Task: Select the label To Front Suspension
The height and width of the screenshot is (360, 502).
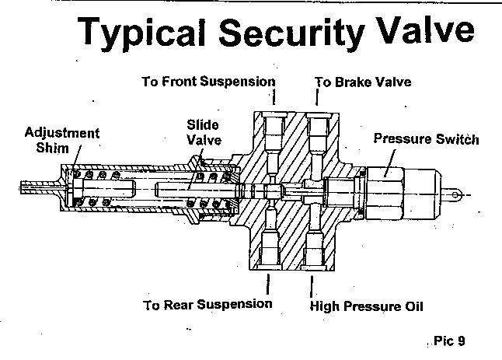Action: click(x=208, y=81)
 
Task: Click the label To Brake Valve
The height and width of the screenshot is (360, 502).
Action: click(x=362, y=81)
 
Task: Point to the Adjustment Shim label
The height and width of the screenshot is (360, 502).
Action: click(x=62, y=140)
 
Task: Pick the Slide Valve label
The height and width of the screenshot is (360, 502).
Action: click(x=203, y=132)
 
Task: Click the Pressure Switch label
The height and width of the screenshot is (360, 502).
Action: click(x=426, y=140)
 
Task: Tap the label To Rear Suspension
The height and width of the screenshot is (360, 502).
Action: click(x=207, y=304)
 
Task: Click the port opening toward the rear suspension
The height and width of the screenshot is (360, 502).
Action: click(x=267, y=250)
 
